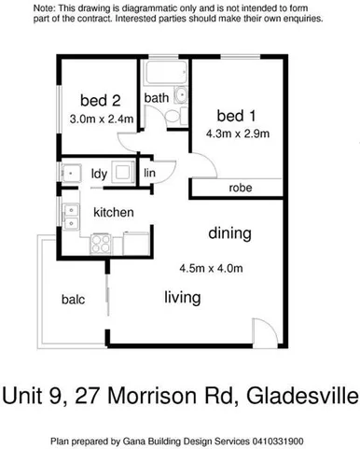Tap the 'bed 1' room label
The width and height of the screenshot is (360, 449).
(x=236, y=116)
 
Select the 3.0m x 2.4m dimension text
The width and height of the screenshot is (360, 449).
(x=102, y=119)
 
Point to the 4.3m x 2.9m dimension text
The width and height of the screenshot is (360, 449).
(x=238, y=133)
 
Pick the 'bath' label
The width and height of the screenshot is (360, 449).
(x=156, y=97)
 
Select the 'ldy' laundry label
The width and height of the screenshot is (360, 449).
(x=98, y=173)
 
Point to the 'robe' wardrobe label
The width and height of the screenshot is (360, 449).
(x=239, y=189)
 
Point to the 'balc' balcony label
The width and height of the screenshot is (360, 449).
(x=74, y=300)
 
